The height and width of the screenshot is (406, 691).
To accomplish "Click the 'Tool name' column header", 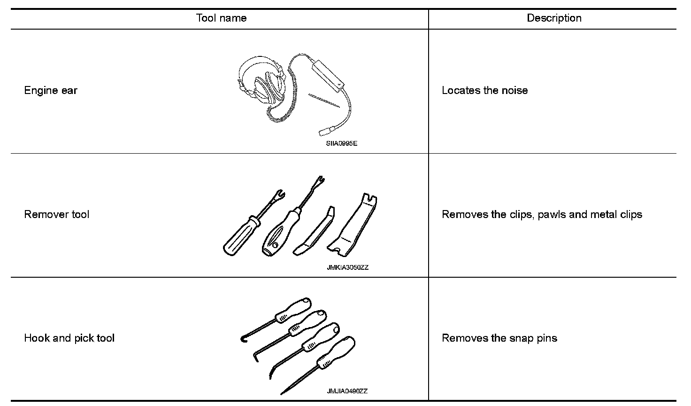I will click(221, 18).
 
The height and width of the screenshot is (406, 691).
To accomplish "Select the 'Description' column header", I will click(554, 18).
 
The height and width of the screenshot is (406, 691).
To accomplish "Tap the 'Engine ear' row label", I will click(51, 90).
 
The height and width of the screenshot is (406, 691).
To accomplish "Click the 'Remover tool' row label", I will click(56, 214).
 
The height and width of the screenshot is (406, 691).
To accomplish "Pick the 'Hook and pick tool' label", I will click(69, 338).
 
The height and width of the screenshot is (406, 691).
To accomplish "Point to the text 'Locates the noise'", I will click(484, 90).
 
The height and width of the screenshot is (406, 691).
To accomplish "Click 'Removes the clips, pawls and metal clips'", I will click(542, 214).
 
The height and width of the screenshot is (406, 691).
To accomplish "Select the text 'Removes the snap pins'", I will click(499, 338).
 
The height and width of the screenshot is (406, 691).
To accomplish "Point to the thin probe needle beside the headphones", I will click(324, 101).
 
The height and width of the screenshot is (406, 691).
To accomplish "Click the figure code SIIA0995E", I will click(341, 143).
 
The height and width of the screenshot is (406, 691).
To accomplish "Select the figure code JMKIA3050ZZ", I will click(347, 268).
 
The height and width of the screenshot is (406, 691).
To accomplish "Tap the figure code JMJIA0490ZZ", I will click(347, 391).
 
